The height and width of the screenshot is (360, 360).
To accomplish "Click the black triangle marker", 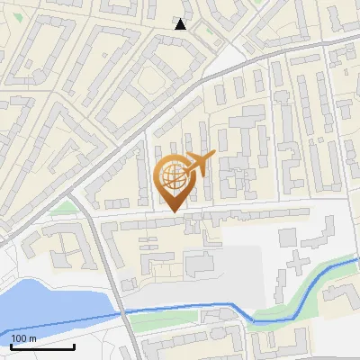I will tap(181, 24).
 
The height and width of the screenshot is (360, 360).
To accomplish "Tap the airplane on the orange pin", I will tap(198, 163).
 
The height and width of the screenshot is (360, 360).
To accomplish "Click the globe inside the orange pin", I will tap(174, 176).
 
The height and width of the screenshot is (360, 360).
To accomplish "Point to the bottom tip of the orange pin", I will tap(174, 212).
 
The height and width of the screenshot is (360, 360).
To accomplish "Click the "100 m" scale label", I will tap(23, 337).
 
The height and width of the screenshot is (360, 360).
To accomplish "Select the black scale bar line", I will tap(41, 346).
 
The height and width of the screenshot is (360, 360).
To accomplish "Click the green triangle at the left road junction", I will tap(61, 208).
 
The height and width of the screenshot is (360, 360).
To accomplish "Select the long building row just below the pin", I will tap(207, 219).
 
